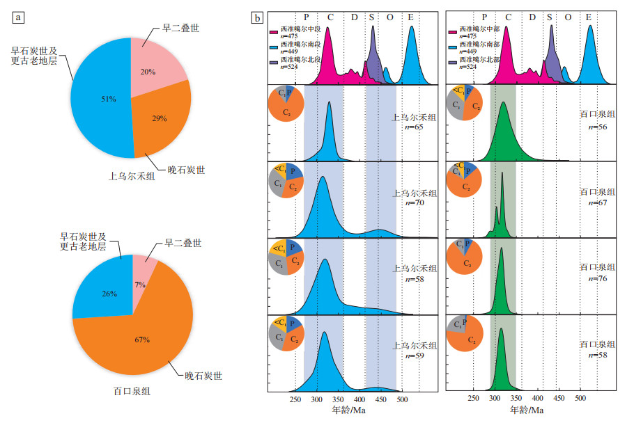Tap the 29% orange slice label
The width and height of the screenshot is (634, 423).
[x=160, y=119]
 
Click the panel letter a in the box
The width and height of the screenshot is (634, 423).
[x=19, y=18]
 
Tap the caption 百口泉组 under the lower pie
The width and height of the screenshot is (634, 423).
[x=130, y=391]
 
